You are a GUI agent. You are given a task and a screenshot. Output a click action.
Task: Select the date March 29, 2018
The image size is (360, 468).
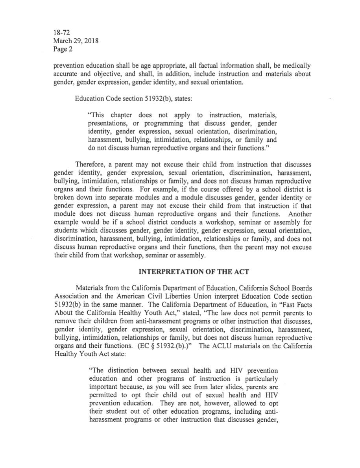tap(75, 41)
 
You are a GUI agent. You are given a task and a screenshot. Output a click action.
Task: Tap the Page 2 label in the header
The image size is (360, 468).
tap(62, 49)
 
